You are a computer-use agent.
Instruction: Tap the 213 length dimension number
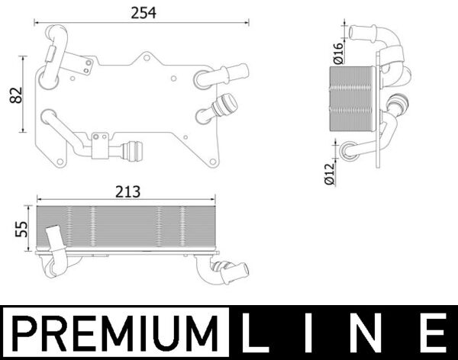tap(127, 192)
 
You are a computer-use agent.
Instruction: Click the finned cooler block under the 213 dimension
tap(127, 227)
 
